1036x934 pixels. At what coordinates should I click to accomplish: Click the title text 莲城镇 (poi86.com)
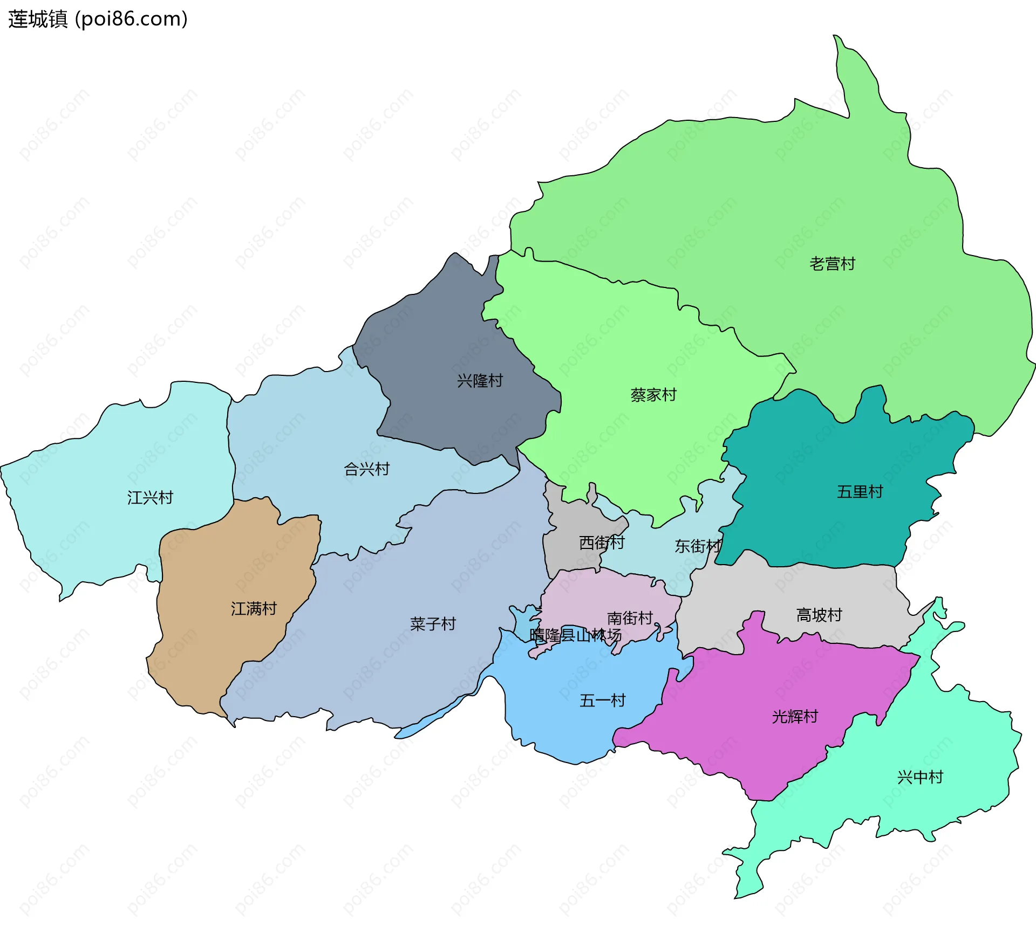(x=98, y=19)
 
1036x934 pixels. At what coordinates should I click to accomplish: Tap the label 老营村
(x=832, y=264)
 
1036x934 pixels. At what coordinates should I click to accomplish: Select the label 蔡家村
(x=653, y=395)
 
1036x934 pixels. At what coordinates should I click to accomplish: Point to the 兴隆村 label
(x=480, y=381)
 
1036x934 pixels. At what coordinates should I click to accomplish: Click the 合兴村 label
(x=367, y=469)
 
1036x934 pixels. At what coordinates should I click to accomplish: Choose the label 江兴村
(x=150, y=497)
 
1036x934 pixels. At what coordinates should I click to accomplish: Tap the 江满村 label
(x=254, y=609)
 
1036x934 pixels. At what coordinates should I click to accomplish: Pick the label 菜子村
(x=433, y=624)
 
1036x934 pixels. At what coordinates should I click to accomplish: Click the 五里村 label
(x=860, y=492)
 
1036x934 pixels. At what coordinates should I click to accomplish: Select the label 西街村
(x=602, y=542)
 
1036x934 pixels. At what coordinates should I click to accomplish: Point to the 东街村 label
(x=698, y=546)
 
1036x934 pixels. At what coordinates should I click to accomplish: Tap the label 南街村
(x=630, y=618)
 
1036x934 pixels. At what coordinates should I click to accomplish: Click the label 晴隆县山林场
(x=575, y=635)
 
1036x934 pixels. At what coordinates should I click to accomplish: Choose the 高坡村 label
(x=819, y=615)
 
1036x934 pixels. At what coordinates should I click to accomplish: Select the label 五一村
(x=602, y=700)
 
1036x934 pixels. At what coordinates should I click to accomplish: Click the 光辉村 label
(x=795, y=717)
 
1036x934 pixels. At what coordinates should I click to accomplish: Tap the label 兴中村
(x=920, y=777)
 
